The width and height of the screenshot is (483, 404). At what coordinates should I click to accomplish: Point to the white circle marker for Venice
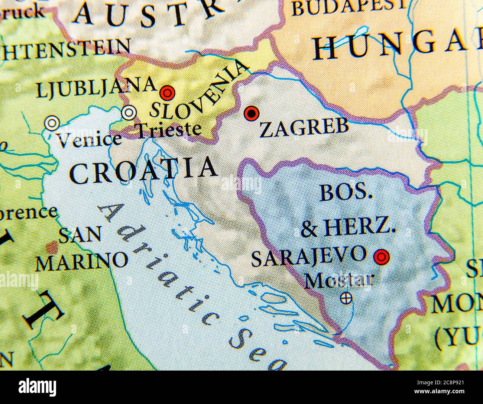(x=51, y=123)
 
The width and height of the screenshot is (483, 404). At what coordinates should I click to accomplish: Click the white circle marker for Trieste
(x=129, y=112)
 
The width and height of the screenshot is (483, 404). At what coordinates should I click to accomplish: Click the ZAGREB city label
(x=304, y=128)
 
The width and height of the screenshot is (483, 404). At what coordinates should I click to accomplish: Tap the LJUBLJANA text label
(x=96, y=87)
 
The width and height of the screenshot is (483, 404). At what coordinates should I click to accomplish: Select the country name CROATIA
(x=143, y=170)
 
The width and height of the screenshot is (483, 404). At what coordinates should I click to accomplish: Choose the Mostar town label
(x=339, y=280)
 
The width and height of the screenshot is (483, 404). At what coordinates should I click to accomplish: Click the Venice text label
(x=90, y=140)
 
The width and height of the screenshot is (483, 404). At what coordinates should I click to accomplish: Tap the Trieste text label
(x=169, y=130)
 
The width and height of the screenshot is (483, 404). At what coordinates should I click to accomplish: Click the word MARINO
(x=81, y=261)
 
